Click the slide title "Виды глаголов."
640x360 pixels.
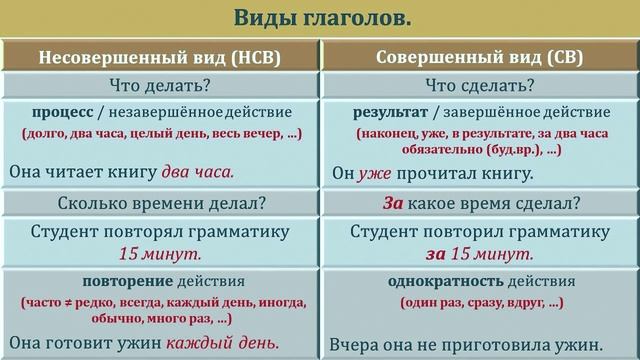pyautogui.click(x=319, y=19)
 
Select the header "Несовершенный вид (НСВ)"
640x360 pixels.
pyautogui.click(x=160, y=57)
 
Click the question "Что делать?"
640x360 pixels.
pyautogui.click(x=160, y=84)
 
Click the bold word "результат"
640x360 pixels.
pyautogui.click(x=388, y=112)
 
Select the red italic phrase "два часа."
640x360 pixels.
pyautogui.click(x=199, y=171)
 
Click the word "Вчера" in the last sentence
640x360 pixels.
pyautogui.click(x=354, y=344)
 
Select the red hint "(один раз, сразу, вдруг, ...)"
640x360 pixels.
pyautogui.click(x=481, y=302)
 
